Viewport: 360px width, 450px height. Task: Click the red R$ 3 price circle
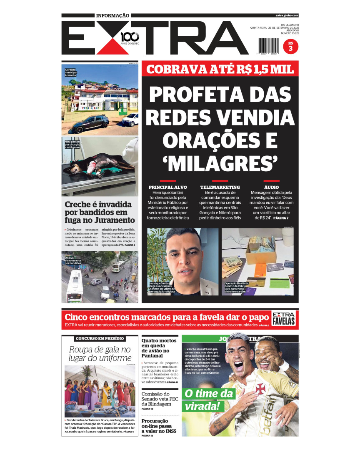tap(290, 46)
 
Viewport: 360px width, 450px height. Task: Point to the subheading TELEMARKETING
tap(220, 187)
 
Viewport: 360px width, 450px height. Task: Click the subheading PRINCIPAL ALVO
tap(168, 187)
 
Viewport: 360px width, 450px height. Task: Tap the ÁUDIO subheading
tap(272, 187)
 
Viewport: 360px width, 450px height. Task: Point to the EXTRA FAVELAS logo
tap(284, 319)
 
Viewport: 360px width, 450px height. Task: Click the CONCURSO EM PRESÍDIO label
tap(100, 338)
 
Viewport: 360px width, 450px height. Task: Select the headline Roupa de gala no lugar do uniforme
tap(100, 354)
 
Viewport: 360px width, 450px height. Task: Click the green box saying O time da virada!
tap(204, 400)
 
